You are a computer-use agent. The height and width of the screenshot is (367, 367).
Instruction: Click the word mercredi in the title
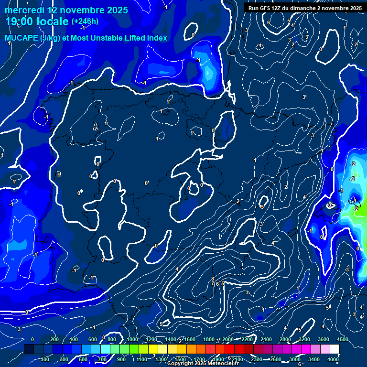coord(22,10)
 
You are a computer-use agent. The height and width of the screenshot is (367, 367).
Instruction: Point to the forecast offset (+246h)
coord(85,22)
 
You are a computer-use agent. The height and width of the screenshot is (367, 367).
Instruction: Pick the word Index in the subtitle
coord(157,38)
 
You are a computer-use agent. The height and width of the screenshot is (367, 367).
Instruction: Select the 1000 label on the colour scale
coord(132,339)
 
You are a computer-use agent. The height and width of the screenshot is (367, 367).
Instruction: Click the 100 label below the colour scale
coord(45,359)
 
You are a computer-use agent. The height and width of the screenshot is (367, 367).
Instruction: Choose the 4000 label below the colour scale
coord(334,359)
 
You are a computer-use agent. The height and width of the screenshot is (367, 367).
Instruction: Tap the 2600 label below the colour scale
coord(276,359)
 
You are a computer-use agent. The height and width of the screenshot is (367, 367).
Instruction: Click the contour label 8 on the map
coord(213,279)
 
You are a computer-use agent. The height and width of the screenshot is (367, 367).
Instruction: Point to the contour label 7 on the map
coord(213,283)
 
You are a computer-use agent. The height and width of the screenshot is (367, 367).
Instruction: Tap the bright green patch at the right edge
coord(361,210)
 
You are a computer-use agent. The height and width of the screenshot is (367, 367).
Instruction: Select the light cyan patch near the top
coord(209,73)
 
